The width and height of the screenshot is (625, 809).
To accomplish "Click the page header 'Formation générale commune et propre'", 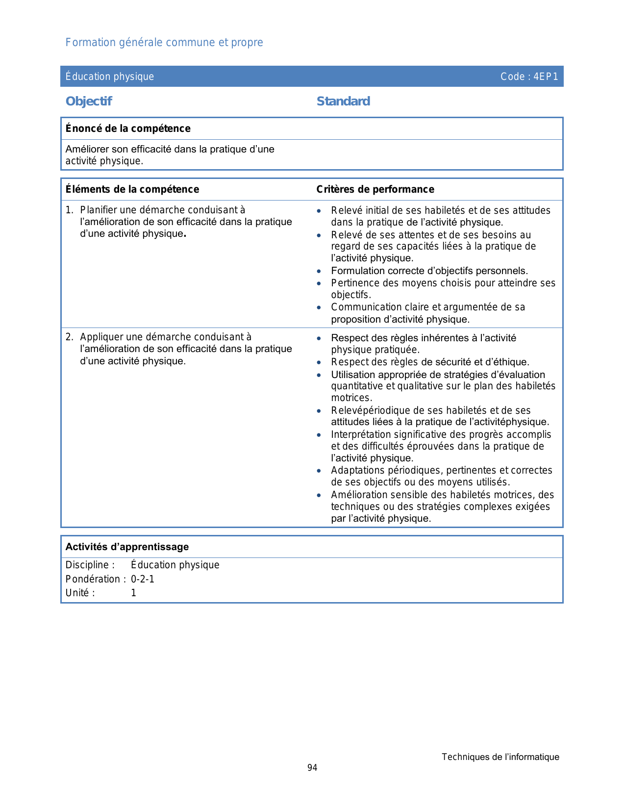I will tap(164, 43).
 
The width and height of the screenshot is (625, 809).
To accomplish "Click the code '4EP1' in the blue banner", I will tap(546, 76).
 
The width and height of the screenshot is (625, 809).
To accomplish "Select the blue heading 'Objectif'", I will tap(89, 101).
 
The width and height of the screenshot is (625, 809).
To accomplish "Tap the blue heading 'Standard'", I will tap(343, 101).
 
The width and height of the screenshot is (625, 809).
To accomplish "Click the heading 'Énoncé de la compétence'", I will tap(128, 128).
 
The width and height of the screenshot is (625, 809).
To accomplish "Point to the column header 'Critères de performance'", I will tap(375, 189).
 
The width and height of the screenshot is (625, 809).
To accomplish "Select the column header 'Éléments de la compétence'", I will tap(132, 189).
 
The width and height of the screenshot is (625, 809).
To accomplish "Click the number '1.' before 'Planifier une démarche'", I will tap(70, 210).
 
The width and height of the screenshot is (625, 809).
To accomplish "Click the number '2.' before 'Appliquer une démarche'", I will tap(70, 337).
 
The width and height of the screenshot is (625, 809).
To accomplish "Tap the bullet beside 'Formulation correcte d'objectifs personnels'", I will tap(319, 271).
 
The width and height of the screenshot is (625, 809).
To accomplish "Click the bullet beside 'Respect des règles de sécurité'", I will tap(319, 362).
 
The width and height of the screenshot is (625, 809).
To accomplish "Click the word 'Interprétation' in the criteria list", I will tap(361, 434).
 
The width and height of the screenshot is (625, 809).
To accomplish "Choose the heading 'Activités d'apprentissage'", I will tap(127, 547).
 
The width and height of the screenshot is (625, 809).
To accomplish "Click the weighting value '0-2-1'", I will tap(143, 579).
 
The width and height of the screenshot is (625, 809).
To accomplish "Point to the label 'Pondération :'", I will tap(96, 579).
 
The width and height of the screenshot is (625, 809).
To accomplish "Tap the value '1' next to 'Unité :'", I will tap(133, 593).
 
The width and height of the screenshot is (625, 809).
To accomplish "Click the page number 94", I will tap(312, 768).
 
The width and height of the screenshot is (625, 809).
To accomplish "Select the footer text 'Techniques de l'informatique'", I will tap(500, 757).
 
